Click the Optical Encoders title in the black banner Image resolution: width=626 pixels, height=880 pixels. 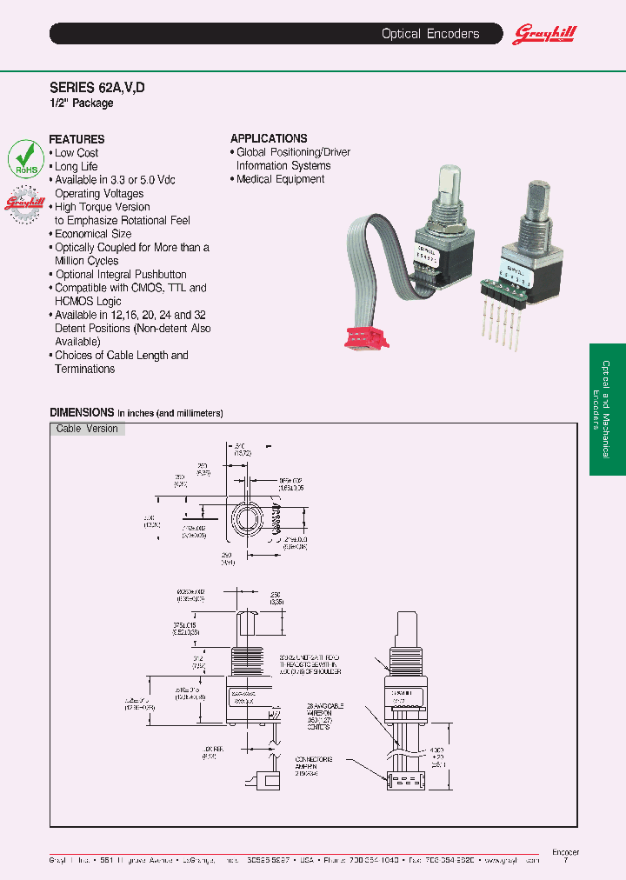tap(430, 34)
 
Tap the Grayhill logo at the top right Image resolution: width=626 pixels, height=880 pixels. tap(545, 34)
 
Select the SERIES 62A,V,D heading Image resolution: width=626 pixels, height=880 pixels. tap(97, 88)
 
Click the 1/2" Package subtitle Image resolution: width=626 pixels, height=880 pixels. tap(81, 103)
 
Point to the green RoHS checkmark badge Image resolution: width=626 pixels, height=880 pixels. tap(25, 158)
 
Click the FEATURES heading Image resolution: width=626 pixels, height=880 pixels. tap(77, 139)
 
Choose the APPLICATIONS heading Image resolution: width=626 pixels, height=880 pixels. tap(269, 138)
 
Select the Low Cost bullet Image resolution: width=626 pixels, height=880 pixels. tap(76, 153)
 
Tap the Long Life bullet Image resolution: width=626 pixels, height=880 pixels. tap(76, 166)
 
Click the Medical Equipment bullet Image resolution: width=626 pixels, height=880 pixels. tap(280, 179)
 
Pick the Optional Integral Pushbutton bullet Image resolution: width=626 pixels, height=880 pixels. tap(120, 274)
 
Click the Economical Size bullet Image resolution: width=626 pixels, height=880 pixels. tap(92, 234)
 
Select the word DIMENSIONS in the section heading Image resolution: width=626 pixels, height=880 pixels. tap(82, 412)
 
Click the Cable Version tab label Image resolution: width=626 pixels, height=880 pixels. tap(87, 429)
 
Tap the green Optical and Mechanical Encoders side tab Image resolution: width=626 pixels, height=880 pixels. tap(607, 409)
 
